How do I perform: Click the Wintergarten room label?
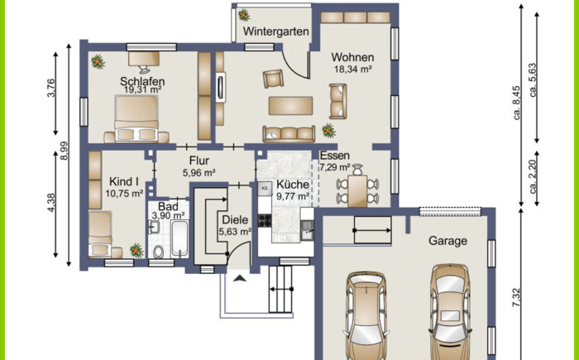click(275, 31)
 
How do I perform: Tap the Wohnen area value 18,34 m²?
click(352, 70)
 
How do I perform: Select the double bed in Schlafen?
click(136, 118)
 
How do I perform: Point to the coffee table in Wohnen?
click(290, 106)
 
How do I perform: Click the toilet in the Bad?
click(159, 252)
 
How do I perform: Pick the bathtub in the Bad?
click(180, 239)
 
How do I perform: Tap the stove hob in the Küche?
click(265, 221)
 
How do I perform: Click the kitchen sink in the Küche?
click(307, 229)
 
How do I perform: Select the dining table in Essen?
click(357, 191)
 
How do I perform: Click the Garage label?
click(448, 241)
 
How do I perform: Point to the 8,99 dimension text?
click(65, 151)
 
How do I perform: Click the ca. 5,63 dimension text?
click(533, 80)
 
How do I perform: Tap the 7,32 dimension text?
click(517, 298)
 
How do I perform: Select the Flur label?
click(199, 161)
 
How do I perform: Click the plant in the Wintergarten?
click(244, 15)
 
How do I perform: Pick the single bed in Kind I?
click(100, 234)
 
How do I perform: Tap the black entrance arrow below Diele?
click(239, 279)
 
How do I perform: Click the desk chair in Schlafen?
click(145, 70)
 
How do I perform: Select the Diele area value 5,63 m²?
click(235, 232)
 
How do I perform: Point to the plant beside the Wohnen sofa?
click(328, 131)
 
